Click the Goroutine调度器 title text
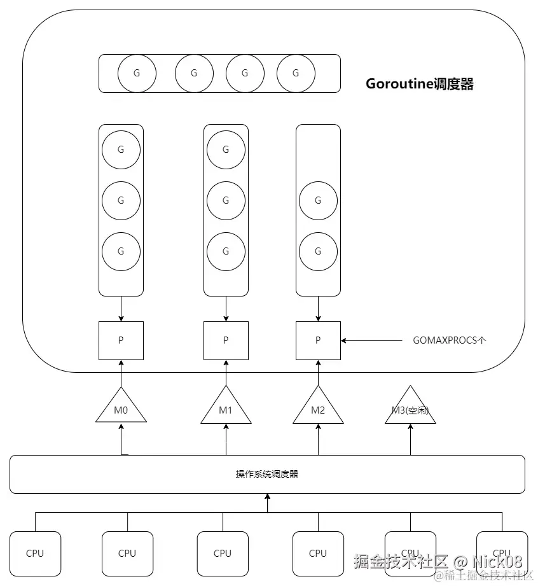420,84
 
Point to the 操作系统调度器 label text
267,474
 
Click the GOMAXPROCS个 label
450,340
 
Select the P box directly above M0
121,340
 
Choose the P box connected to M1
226,340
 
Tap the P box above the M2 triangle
318,340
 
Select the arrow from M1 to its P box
226,372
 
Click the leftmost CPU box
35,553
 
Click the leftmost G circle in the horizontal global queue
136,73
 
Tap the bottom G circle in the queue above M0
121,251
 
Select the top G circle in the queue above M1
226,150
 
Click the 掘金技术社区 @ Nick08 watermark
439,562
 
